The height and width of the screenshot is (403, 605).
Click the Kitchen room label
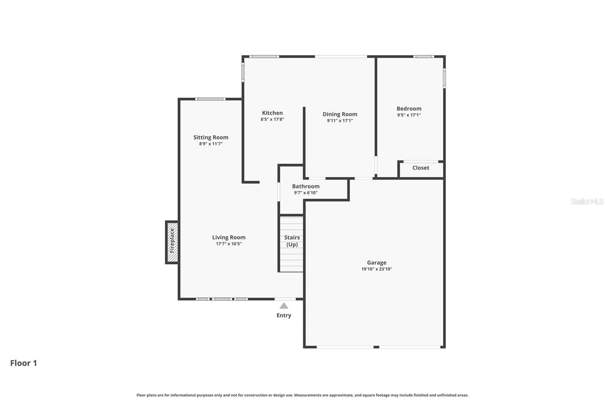point(272,113)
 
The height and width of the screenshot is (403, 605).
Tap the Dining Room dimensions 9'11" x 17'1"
point(340,121)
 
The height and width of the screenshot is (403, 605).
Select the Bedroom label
point(409,108)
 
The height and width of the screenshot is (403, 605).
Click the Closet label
point(420,168)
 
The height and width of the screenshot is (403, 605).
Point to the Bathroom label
point(306,186)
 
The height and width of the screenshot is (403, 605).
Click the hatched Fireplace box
point(172,242)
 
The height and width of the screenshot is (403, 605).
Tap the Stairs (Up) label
point(292,241)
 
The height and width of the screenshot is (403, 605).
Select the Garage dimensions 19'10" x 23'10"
point(377,269)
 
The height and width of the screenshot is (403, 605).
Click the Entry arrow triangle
point(284,305)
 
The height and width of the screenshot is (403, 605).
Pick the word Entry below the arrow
point(284,315)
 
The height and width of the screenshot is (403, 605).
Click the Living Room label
point(228,237)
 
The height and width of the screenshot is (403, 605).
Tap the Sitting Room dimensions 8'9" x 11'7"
point(211,144)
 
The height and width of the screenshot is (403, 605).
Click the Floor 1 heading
point(23,363)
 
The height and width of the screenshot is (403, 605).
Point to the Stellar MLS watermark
point(587,201)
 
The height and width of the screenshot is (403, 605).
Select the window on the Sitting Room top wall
point(210,99)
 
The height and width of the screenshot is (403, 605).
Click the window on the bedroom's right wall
point(444,78)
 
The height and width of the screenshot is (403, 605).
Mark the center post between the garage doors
point(376,347)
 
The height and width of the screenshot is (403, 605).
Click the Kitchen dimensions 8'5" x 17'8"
point(272,119)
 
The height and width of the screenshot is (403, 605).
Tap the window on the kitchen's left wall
point(243,72)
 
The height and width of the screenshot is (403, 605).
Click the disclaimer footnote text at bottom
point(302,395)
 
